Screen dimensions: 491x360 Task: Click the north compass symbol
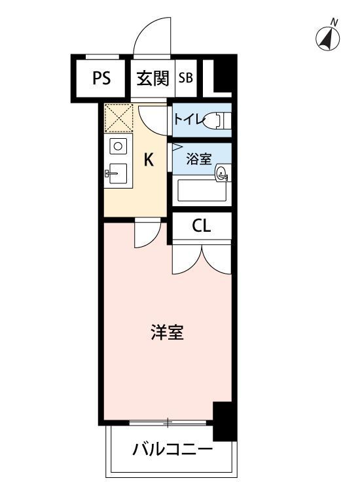[329, 39]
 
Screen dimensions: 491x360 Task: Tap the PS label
[101, 79]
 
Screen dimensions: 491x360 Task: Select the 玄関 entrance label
[152, 79]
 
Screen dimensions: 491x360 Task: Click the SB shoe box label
[185, 79]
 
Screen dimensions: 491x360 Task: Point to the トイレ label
[187, 120]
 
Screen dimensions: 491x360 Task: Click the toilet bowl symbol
[215, 120]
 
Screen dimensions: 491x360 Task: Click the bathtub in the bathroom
[202, 191]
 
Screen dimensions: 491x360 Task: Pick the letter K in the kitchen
[149, 160]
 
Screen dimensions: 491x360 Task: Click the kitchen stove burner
[118, 146]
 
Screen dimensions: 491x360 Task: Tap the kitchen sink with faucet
[118, 173]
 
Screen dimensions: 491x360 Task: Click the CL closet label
[201, 227]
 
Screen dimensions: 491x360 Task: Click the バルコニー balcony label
[171, 450]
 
